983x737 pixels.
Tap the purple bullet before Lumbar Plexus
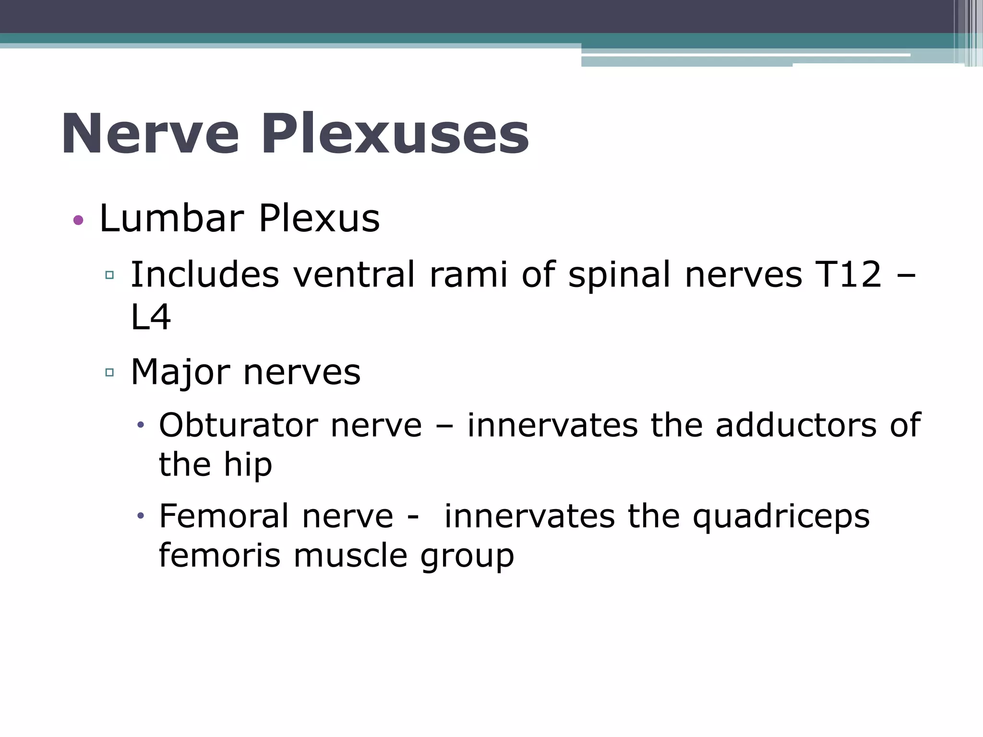pyautogui.click(x=78, y=220)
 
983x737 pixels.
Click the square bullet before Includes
pyautogui.click(x=109, y=275)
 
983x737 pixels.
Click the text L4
pyautogui.click(x=150, y=318)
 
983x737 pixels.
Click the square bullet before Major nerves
pyautogui.click(x=109, y=372)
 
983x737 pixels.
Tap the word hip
pyautogui.click(x=248, y=465)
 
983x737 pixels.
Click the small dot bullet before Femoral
pyautogui.click(x=141, y=516)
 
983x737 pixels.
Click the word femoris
pyautogui.click(x=219, y=556)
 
